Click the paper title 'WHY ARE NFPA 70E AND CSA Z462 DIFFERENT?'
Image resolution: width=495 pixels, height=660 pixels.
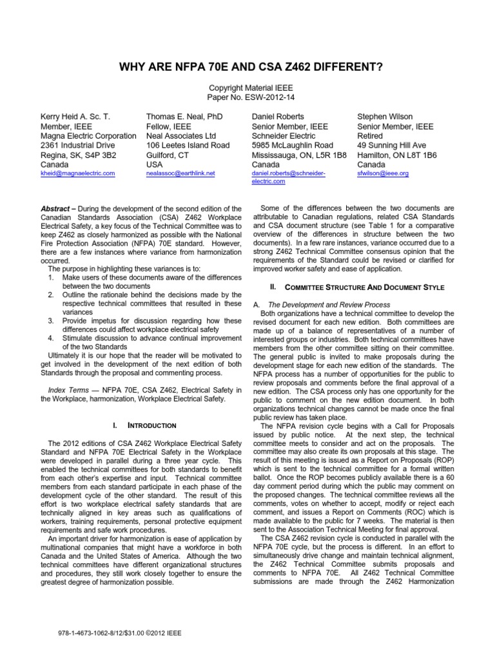[247, 66]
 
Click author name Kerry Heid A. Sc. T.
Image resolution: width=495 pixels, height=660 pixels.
[75, 117]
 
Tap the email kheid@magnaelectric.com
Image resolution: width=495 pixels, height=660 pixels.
[77, 173]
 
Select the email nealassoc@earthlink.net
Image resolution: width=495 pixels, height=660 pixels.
[180, 173]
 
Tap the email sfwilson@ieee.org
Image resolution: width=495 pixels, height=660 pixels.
[383, 173]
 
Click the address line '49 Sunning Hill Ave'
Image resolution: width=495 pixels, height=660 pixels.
[392, 146]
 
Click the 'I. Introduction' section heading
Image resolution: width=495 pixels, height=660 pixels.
[144, 425]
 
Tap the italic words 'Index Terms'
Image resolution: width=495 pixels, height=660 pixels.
[68, 390]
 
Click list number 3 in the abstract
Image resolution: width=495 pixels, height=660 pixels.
[51, 320]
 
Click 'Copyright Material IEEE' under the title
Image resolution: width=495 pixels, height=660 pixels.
[247, 87]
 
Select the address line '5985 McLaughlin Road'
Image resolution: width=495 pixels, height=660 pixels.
[292, 146]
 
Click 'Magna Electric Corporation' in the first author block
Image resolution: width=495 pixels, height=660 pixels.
[88, 136]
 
